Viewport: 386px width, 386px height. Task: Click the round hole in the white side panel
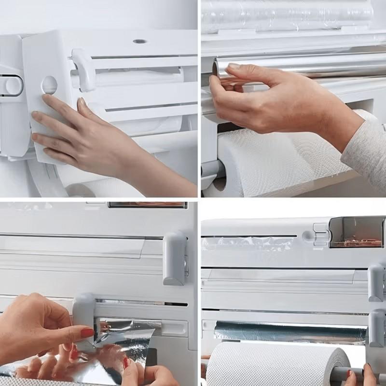(49, 85)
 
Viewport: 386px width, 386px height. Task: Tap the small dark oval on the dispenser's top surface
(140, 41)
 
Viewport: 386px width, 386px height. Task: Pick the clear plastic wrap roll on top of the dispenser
(289, 17)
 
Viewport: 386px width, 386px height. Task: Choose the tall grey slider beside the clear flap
(174, 258)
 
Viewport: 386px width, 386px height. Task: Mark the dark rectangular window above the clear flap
(147, 205)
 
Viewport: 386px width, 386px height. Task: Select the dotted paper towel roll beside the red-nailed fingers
(275, 364)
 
